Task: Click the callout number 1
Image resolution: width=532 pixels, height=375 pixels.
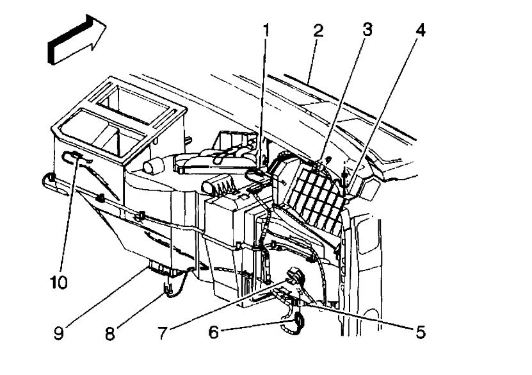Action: pos(265,29)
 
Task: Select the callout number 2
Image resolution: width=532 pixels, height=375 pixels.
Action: pos(317,29)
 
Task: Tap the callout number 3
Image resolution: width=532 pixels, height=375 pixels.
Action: pos(367,29)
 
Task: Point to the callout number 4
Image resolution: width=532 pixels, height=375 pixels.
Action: pos(419,29)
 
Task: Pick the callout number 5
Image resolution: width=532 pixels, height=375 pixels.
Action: pos(420,332)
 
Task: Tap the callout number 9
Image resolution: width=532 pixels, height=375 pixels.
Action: pos(59,333)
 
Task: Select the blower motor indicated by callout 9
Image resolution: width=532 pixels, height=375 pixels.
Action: pos(164,267)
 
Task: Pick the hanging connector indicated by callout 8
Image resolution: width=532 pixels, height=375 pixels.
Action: pos(168,290)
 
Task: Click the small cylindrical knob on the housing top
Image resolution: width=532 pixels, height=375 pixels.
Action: pos(153,166)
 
